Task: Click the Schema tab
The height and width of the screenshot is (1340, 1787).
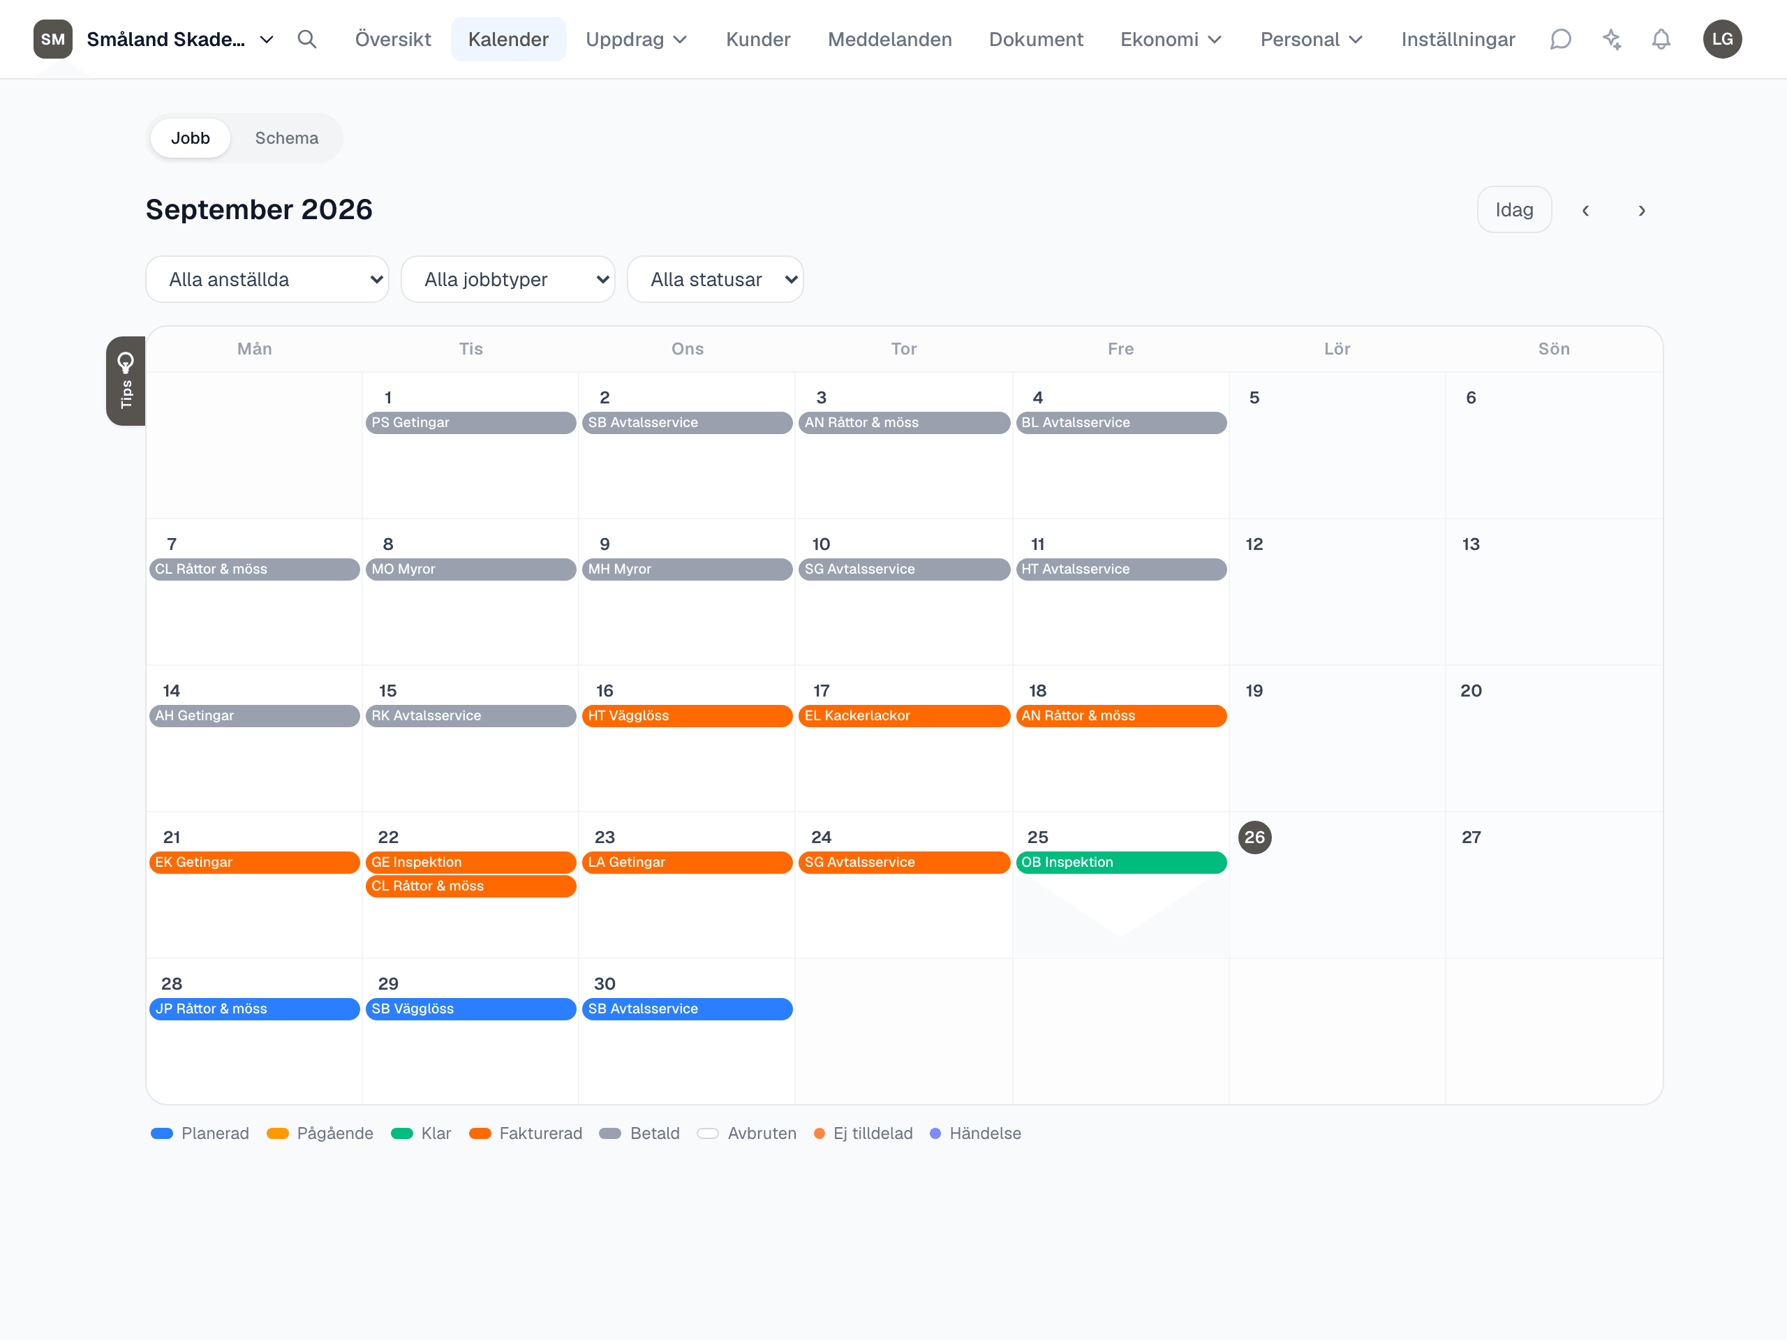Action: (286, 138)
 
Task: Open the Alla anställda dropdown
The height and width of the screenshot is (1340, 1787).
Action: (267, 279)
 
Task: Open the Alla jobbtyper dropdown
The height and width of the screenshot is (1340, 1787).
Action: (508, 279)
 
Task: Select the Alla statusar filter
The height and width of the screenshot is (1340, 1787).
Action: (715, 279)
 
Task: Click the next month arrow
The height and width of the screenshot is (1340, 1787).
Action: (1641, 211)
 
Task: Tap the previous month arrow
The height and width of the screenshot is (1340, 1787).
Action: (1585, 211)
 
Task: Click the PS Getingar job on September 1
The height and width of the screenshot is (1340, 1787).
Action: (471, 422)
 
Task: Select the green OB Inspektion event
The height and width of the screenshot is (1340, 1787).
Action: (1120, 862)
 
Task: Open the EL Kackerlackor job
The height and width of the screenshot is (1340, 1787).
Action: (904, 715)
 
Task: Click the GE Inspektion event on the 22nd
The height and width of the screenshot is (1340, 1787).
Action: (471, 862)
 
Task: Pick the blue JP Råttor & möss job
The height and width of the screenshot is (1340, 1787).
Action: (255, 1008)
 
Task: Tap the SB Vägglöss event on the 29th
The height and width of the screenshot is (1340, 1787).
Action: (471, 1008)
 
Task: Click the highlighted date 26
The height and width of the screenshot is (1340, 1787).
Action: (1254, 837)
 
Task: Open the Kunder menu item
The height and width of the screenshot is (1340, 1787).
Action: (758, 40)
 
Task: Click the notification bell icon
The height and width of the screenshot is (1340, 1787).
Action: (1661, 40)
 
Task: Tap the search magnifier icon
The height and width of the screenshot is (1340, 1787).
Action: (307, 40)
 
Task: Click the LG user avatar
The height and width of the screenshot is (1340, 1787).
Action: (1722, 40)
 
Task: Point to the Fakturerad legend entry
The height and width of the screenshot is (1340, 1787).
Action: (526, 1133)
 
